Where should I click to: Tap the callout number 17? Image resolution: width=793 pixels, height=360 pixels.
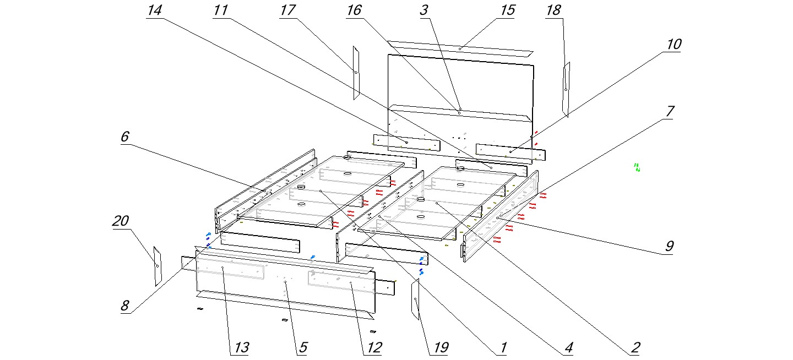(287, 11)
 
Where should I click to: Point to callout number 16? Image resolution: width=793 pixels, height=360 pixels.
(354, 11)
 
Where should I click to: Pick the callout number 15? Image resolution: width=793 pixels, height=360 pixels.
(508, 10)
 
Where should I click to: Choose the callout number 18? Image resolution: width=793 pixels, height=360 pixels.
(553, 11)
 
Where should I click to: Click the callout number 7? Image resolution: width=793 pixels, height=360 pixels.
(669, 111)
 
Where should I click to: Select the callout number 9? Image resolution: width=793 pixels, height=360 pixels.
(669, 246)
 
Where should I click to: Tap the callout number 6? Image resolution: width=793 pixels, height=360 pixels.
(125, 136)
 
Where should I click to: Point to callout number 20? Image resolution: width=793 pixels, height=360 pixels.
(121, 221)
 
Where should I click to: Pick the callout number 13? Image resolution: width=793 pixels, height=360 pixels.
(241, 348)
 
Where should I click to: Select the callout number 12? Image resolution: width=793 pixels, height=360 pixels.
(374, 348)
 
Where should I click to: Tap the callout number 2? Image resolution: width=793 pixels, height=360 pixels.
(635, 348)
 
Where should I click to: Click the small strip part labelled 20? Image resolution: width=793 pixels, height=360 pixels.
(157, 266)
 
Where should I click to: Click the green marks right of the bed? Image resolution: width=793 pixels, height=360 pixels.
(637, 167)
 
